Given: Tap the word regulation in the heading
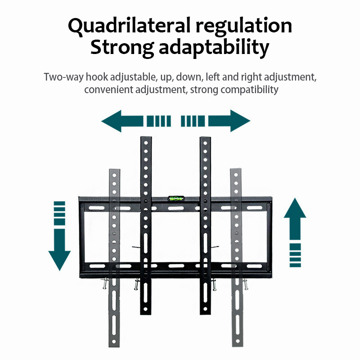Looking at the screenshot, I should click(x=243, y=26).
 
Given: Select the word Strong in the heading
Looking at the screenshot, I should click(x=121, y=48).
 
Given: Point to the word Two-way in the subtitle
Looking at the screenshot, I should click(x=63, y=76).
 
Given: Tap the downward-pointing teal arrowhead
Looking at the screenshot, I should click(x=59, y=260).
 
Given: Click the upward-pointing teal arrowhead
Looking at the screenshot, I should click(x=295, y=208).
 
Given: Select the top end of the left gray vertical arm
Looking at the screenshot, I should click(x=115, y=171).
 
